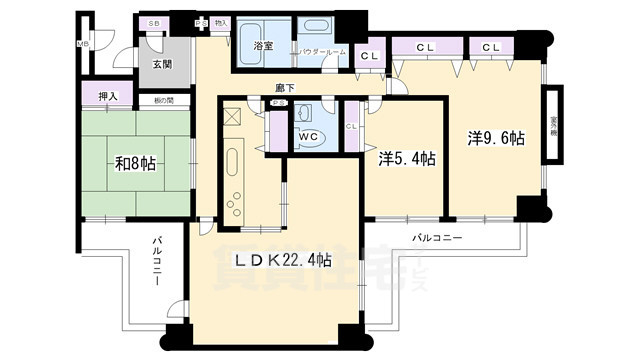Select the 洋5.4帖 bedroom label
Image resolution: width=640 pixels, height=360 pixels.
pos(407,158)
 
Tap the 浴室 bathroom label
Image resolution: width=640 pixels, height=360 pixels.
pos(263,46)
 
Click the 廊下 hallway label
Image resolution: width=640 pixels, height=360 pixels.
pos(285,88)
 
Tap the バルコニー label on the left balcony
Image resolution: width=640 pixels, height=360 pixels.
pos(160,262)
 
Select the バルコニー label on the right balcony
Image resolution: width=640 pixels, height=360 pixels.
pos(438,238)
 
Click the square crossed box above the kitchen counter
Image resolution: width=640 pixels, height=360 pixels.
pos(233,117)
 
